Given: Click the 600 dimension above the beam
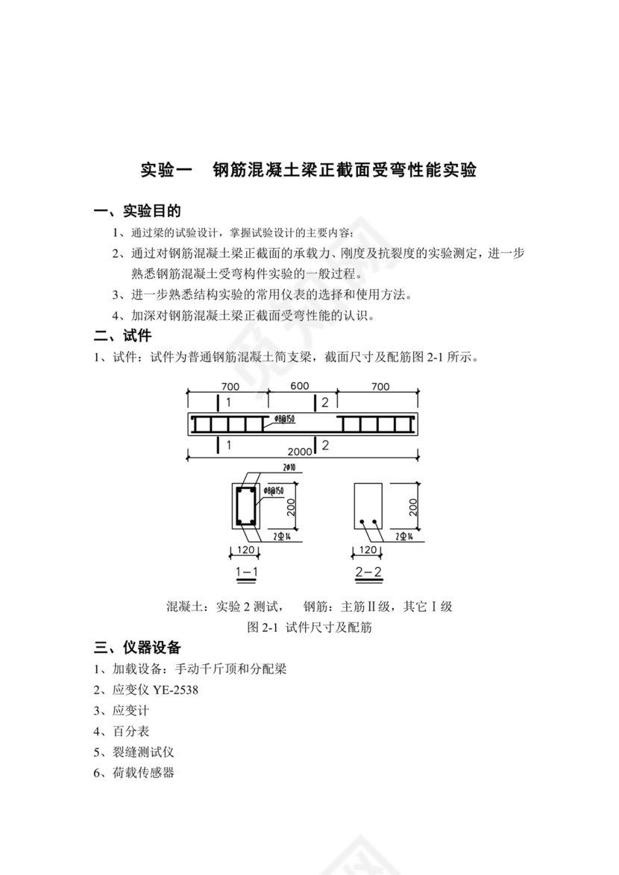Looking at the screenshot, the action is click(x=300, y=387).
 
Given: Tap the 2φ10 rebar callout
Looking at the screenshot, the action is click(x=289, y=468).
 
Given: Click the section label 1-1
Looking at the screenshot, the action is click(x=246, y=572).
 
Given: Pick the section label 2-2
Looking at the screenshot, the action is click(x=368, y=572).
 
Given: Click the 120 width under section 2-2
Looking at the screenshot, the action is click(x=368, y=550).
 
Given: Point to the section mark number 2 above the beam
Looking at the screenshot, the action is click(x=325, y=402).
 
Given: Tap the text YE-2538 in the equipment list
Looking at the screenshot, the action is click(x=176, y=689).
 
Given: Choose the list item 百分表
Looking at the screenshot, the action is click(x=131, y=731).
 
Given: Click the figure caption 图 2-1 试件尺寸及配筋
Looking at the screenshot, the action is click(x=309, y=627).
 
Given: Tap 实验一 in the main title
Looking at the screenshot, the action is click(x=167, y=170).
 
